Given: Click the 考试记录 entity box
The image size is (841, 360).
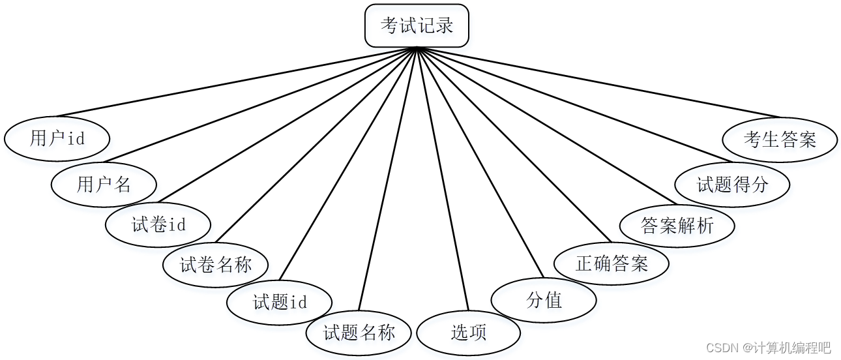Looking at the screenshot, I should [417, 26].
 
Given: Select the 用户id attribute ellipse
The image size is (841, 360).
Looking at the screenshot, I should [57, 138].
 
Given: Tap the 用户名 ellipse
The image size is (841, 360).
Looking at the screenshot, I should [104, 185].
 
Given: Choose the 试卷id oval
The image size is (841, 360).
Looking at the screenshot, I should [158, 225].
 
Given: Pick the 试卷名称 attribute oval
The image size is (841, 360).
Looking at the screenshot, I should [215, 265].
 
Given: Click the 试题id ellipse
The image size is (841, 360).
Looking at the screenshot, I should [279, 302].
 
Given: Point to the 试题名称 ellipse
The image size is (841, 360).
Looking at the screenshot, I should [359, 333].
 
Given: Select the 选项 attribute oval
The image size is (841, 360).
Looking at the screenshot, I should [468, 333].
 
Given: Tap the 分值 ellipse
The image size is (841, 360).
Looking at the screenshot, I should [544, 300].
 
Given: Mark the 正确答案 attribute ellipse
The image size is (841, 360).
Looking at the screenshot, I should [612, 263].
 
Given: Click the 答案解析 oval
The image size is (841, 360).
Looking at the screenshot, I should [677, 226].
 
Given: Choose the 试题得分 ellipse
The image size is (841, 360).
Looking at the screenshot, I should [732, 185].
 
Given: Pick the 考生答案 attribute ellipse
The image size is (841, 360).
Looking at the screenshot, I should [780, 139].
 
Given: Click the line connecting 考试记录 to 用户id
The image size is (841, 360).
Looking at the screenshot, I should [235, 82].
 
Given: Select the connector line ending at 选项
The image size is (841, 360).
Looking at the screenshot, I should [443, 179].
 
